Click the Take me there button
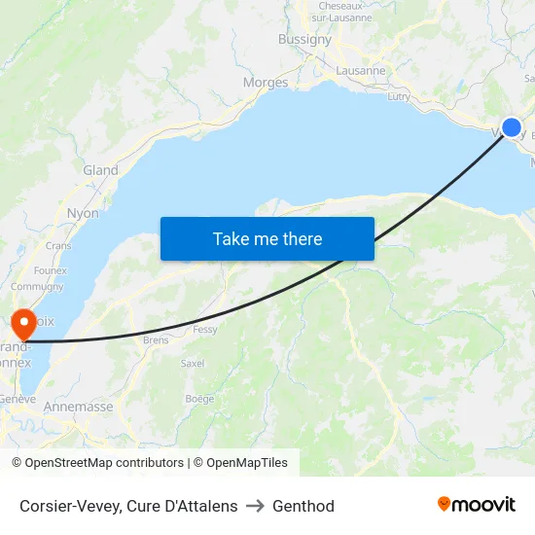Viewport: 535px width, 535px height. click(x=267, y=238)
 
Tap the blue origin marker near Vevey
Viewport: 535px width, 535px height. click(x=512, y=127)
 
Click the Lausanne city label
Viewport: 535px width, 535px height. click(x=361, y=71)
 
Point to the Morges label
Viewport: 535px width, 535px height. click(x=266, y=83)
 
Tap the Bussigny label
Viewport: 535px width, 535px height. click(x=304, y=40)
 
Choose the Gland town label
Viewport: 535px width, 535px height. click(x=100, y=170)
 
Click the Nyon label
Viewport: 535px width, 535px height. click(x=83, y=213)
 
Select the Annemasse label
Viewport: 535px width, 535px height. click(x=78, y=408)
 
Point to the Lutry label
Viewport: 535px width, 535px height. click(x=399, y=97)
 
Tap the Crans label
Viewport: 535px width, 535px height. click(x=58, y=246)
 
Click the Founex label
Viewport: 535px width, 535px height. click(x=50, y=270)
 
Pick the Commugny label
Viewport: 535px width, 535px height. click(x=37, y=287)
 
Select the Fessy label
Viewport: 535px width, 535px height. click(x=205, y=330)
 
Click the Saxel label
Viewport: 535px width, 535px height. click(x=193, y=363)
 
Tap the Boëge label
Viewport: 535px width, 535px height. click(x=199, y=399)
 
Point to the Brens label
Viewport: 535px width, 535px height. click(x=156, y=340)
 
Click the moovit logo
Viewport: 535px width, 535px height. click(x=477, y=505)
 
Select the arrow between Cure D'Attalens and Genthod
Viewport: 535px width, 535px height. click(x=255, y=506)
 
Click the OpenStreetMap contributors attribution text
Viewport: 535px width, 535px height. click(x=104, y=463)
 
